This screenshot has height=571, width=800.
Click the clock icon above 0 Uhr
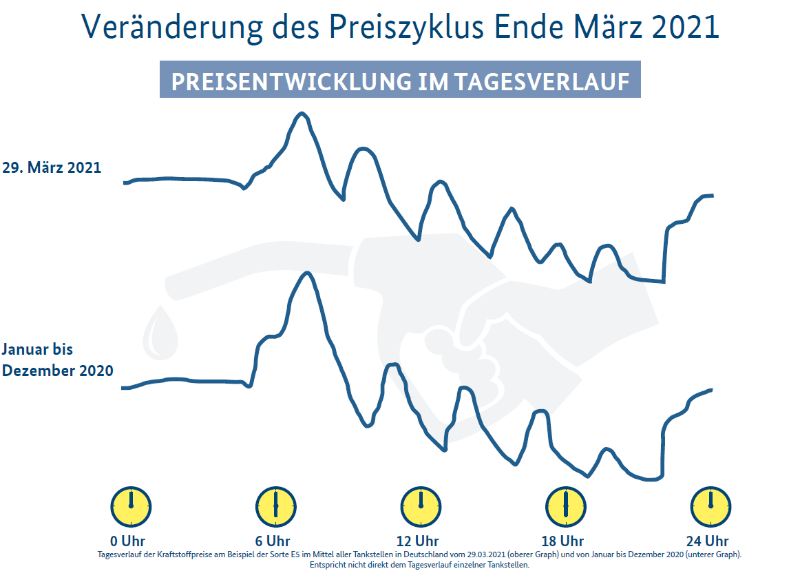[x=131, y=506]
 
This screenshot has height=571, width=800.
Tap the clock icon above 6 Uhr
[x=275, y=506]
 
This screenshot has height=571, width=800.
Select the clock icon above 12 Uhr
[x=421, y=506]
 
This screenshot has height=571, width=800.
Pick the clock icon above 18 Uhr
[x=565, y=506]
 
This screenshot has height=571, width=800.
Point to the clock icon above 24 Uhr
[x=710, y=506]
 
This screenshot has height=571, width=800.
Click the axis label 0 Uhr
[x=128, y=541]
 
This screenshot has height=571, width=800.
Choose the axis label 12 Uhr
[x=417, y=541]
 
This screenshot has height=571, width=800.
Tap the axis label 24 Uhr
[x=707, y=541]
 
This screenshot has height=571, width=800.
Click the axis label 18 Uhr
[x=562, y=541]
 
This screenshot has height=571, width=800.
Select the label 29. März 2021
[x=52, y=167]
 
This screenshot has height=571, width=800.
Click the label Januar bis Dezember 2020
[x=57, y=360]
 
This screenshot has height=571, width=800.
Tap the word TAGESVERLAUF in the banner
[x=542, y=81]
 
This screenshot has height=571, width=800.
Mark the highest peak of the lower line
[x=307, y=273]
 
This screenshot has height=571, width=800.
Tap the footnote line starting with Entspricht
[x=419, y=565]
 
